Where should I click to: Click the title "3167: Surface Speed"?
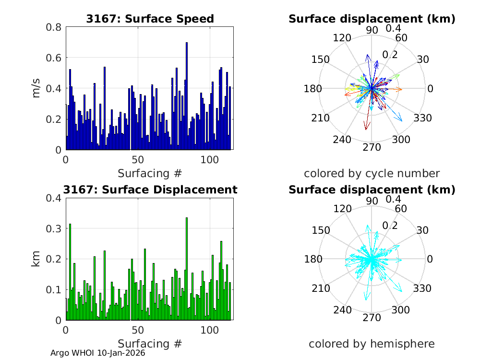[150, 19]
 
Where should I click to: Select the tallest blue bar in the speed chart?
[186, 96]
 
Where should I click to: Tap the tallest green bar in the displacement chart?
[186, 269]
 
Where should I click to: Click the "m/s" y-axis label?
[36, 88]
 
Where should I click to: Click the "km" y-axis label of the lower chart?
[36, 259]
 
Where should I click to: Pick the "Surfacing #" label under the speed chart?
[150, 173]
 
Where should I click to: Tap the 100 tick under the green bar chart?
[210, 330]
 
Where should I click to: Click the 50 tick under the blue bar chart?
[138, 160]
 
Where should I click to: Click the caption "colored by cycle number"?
[372, 173]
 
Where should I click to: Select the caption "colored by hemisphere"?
[372, 344]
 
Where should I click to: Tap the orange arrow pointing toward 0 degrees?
[400, 89]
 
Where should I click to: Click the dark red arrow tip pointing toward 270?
[366, 129]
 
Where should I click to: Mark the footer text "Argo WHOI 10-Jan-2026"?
[98, 353]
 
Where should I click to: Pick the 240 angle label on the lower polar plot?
[343, 310]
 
